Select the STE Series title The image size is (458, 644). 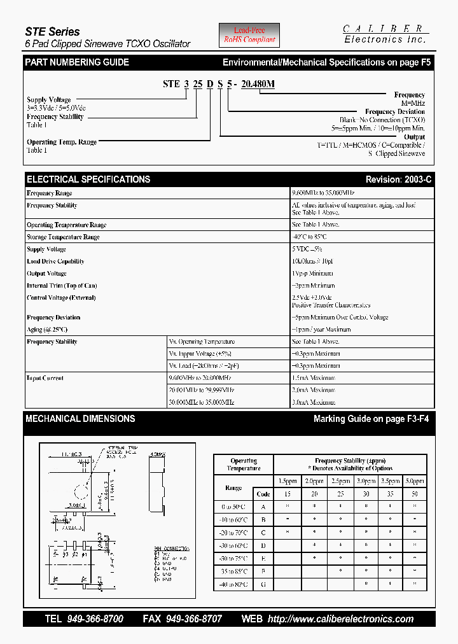[x=52, y=31]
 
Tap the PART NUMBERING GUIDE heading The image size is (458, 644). [x=77, y=62]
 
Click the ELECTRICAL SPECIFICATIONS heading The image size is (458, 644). [x=88, y=179]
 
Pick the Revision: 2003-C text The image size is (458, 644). [x=398, y=180]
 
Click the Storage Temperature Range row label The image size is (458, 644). [x=63, y=237]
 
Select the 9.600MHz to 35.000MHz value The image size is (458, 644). [x=323, y=193]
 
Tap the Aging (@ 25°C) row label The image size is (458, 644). [x=47, y=330]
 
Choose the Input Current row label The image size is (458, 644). [x=45, y=378]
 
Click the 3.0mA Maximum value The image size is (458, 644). [x=314, y=402]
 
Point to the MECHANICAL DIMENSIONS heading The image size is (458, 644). [x=80, y=419]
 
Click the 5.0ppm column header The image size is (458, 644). [x=415, y=481]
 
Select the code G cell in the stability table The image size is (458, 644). [x=263, y=584]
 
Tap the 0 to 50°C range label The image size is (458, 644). [x=233, y=507]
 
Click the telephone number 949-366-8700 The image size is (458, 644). [x=95, y=619]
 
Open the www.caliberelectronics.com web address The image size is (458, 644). [x=341, y=619]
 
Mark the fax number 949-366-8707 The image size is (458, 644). [x=193, y=619]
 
